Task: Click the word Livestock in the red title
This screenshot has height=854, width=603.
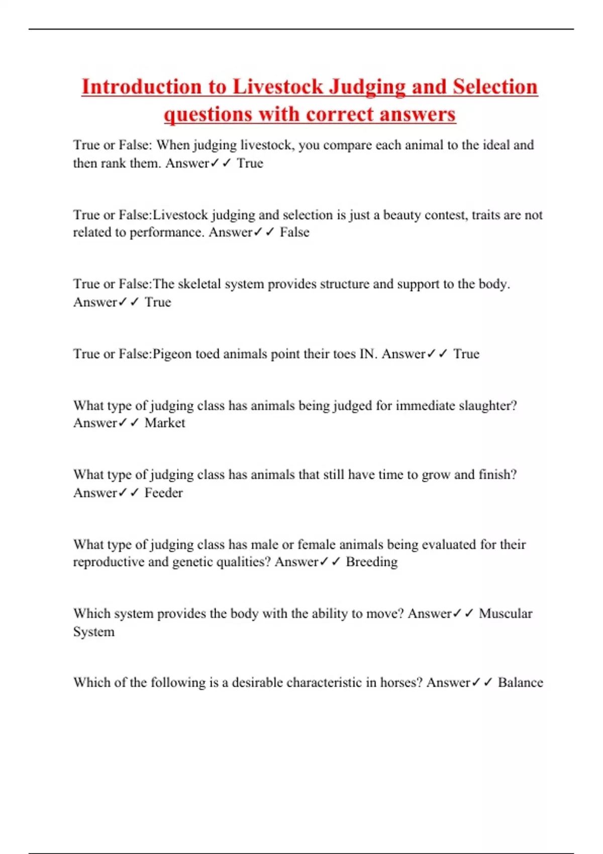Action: [x=278, y=87]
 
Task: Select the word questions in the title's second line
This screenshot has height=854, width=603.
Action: [x=208, y=114]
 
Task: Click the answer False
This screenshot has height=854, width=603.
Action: [x=294, y=232]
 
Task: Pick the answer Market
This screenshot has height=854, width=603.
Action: [x=165, y=423]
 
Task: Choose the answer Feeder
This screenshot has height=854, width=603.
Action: [x=163, y=493]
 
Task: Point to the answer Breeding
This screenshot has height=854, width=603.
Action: [x=371, y=562]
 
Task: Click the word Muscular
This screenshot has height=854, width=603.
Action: [x=505, y=613]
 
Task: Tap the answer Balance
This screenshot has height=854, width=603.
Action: [x=520, y=683]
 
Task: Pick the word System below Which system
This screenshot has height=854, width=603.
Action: [x=94, y=631]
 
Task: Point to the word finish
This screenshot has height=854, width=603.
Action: [x=496, y=475]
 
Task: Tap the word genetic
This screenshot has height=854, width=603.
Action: [x=192, y=562]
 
